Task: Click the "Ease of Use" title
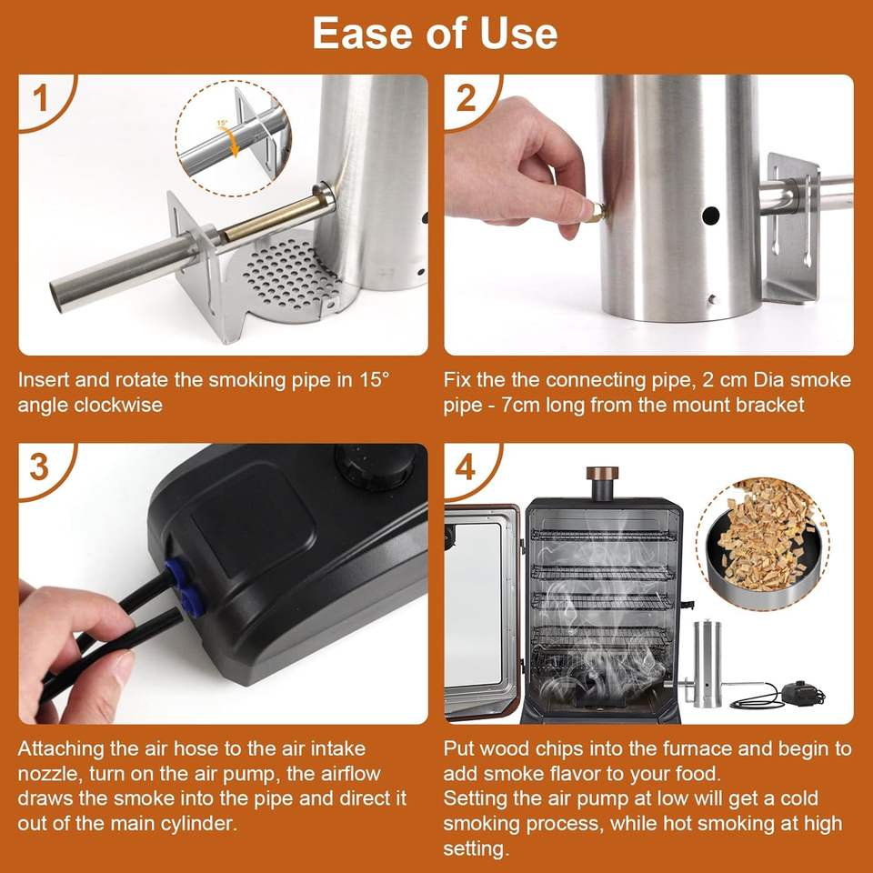[435, 34]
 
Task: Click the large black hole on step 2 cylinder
[710, 216]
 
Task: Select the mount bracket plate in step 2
[792, 228]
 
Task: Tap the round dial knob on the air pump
[376, 467]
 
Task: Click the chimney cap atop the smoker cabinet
[602, 474]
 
